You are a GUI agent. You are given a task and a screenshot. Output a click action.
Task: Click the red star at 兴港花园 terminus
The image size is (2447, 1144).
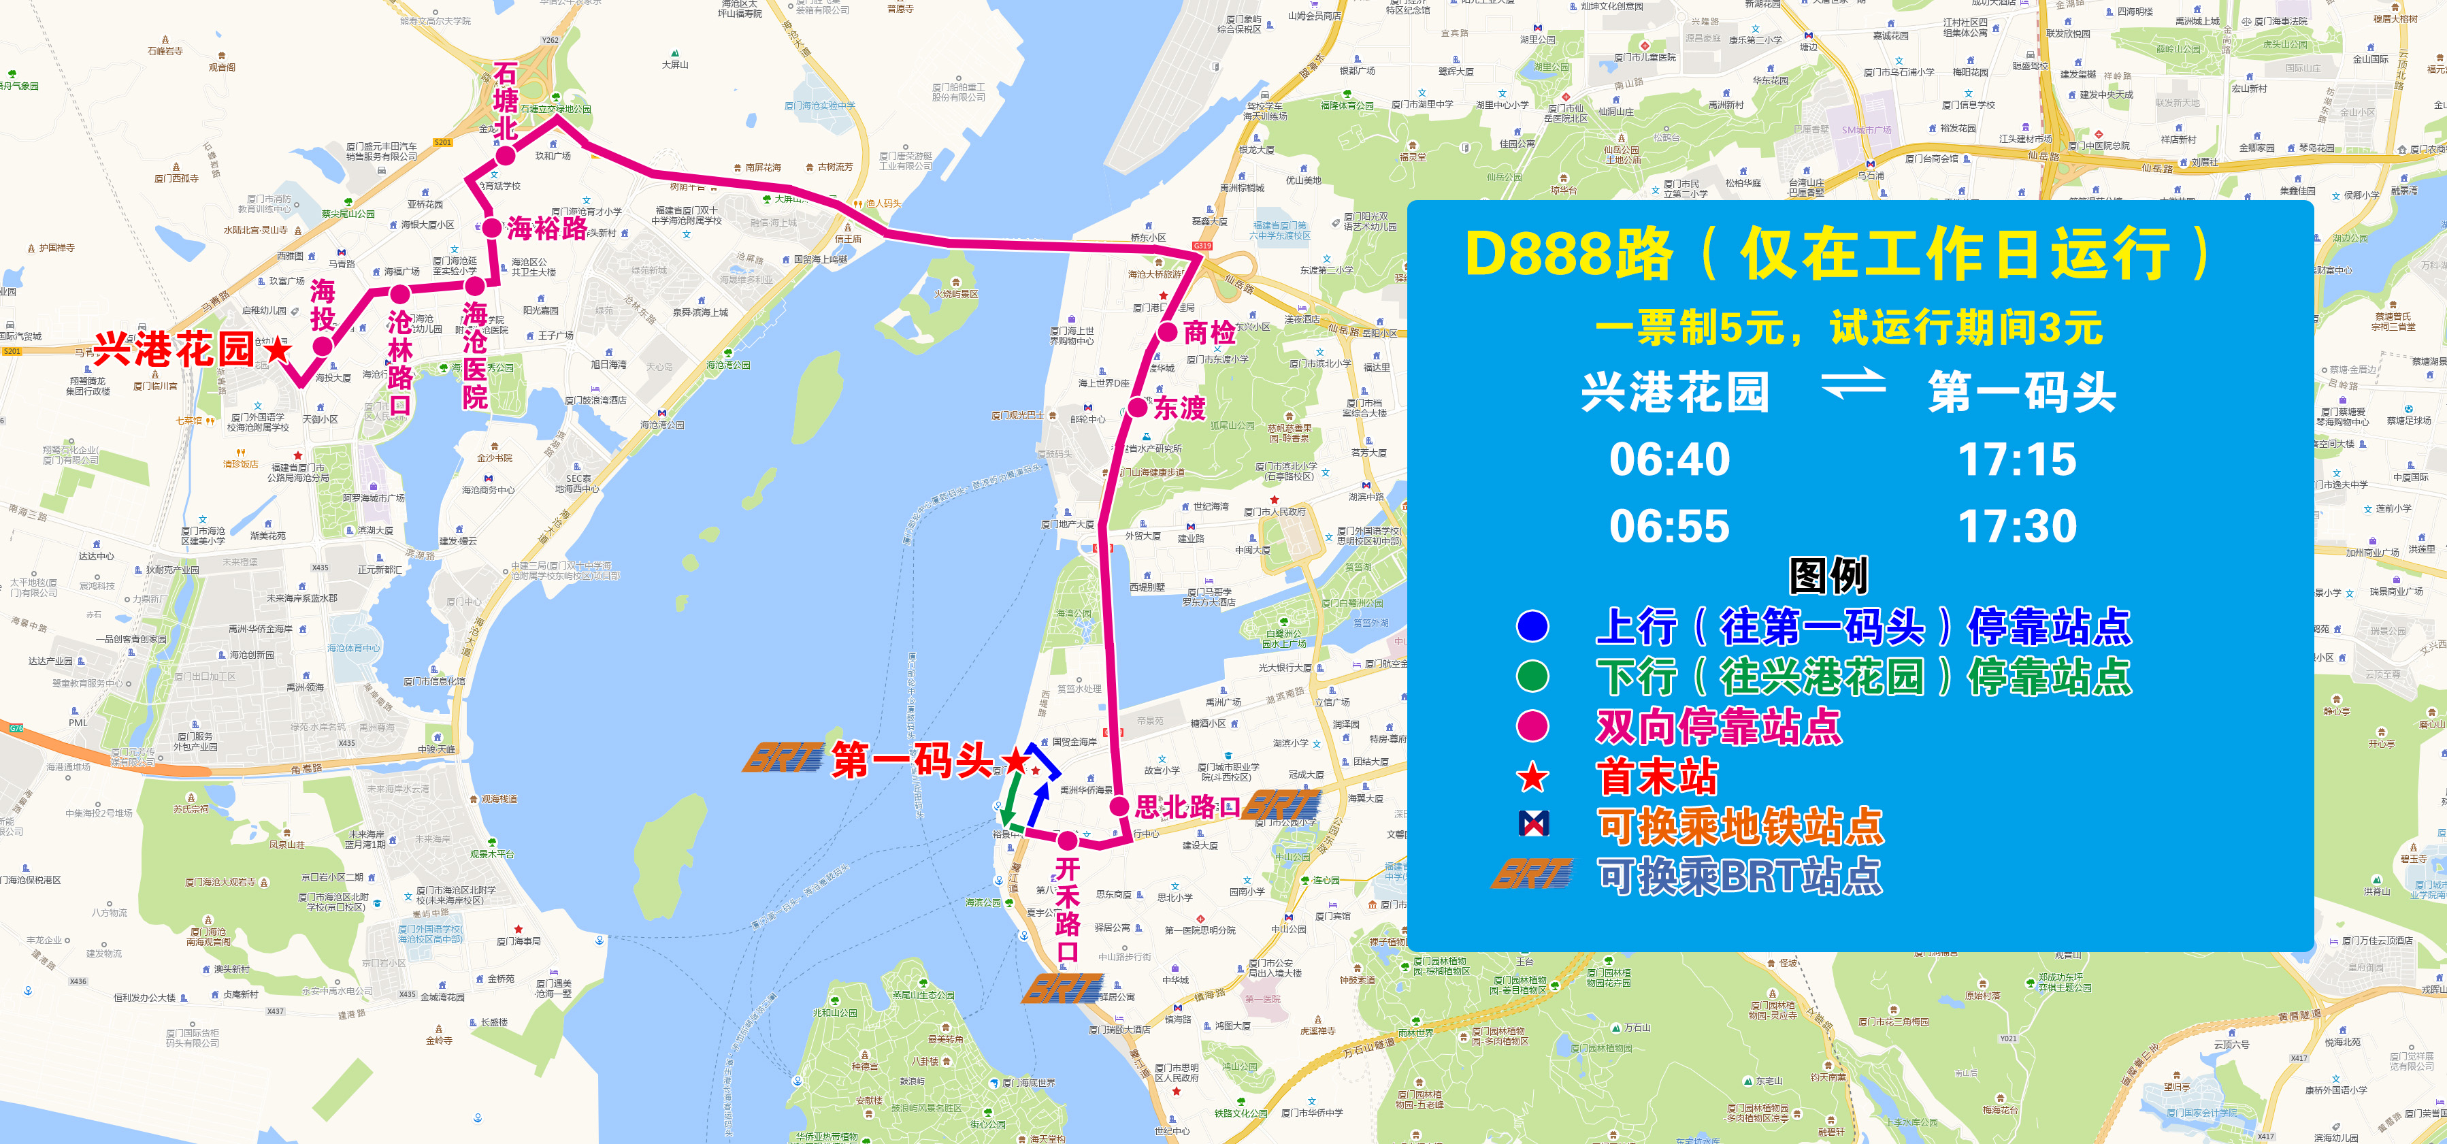[278, 350]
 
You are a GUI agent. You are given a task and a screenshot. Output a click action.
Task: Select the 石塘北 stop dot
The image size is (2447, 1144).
[506, 155]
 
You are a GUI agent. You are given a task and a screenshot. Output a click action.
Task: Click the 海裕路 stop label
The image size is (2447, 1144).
[547, 228]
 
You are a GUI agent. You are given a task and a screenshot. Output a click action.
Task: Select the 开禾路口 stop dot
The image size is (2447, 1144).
[1068, 840]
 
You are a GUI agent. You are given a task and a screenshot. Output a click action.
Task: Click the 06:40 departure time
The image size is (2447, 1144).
[1669, 460]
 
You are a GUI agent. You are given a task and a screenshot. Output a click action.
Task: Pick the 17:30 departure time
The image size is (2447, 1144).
[2017, 526]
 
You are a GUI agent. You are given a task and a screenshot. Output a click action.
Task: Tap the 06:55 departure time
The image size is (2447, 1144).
[1669, 526]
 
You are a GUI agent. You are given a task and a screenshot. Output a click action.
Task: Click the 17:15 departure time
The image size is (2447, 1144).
[2017, 460]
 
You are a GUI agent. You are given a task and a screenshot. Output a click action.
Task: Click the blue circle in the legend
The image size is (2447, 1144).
[1533, 626]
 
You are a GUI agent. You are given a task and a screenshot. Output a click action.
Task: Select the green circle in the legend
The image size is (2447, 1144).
[1533, 676]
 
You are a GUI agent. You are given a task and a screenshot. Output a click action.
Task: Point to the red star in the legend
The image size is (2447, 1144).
[1533, 777]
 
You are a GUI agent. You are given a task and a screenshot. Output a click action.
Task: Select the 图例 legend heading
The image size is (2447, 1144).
[1828, 576]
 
